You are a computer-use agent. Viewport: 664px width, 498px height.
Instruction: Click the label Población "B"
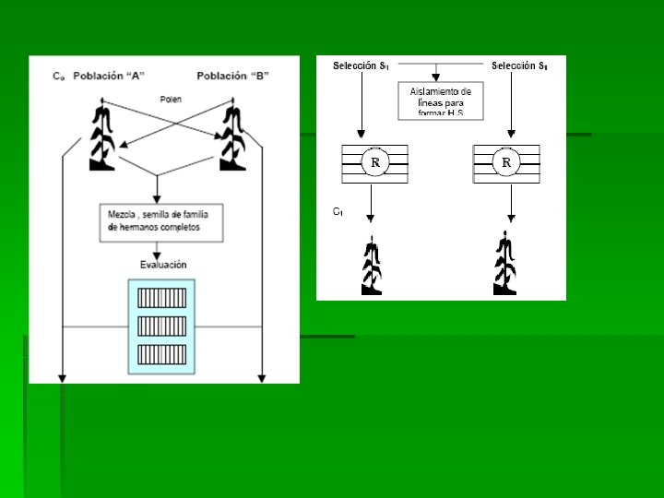232,75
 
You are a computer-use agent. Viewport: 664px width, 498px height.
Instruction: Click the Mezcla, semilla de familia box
161,222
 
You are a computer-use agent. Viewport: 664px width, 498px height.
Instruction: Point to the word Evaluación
163,264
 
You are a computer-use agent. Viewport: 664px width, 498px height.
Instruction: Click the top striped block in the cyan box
161,298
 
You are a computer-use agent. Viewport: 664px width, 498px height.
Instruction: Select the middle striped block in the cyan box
161,326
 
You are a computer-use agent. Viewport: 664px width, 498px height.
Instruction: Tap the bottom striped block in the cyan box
161,353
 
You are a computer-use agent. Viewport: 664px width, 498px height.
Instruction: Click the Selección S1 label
361,65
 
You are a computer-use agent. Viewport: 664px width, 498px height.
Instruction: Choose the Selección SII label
519,65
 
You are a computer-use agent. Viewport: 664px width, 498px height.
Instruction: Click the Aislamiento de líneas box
441,101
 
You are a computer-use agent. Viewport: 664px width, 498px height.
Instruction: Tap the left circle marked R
375,163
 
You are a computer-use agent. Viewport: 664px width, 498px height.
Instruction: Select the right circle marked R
506,163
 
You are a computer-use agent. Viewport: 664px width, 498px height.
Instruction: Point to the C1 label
338,212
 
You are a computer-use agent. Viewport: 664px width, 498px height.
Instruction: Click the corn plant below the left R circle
371,267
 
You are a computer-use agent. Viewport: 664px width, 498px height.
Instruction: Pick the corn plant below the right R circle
504,267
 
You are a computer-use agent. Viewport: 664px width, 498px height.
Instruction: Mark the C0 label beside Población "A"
58,76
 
